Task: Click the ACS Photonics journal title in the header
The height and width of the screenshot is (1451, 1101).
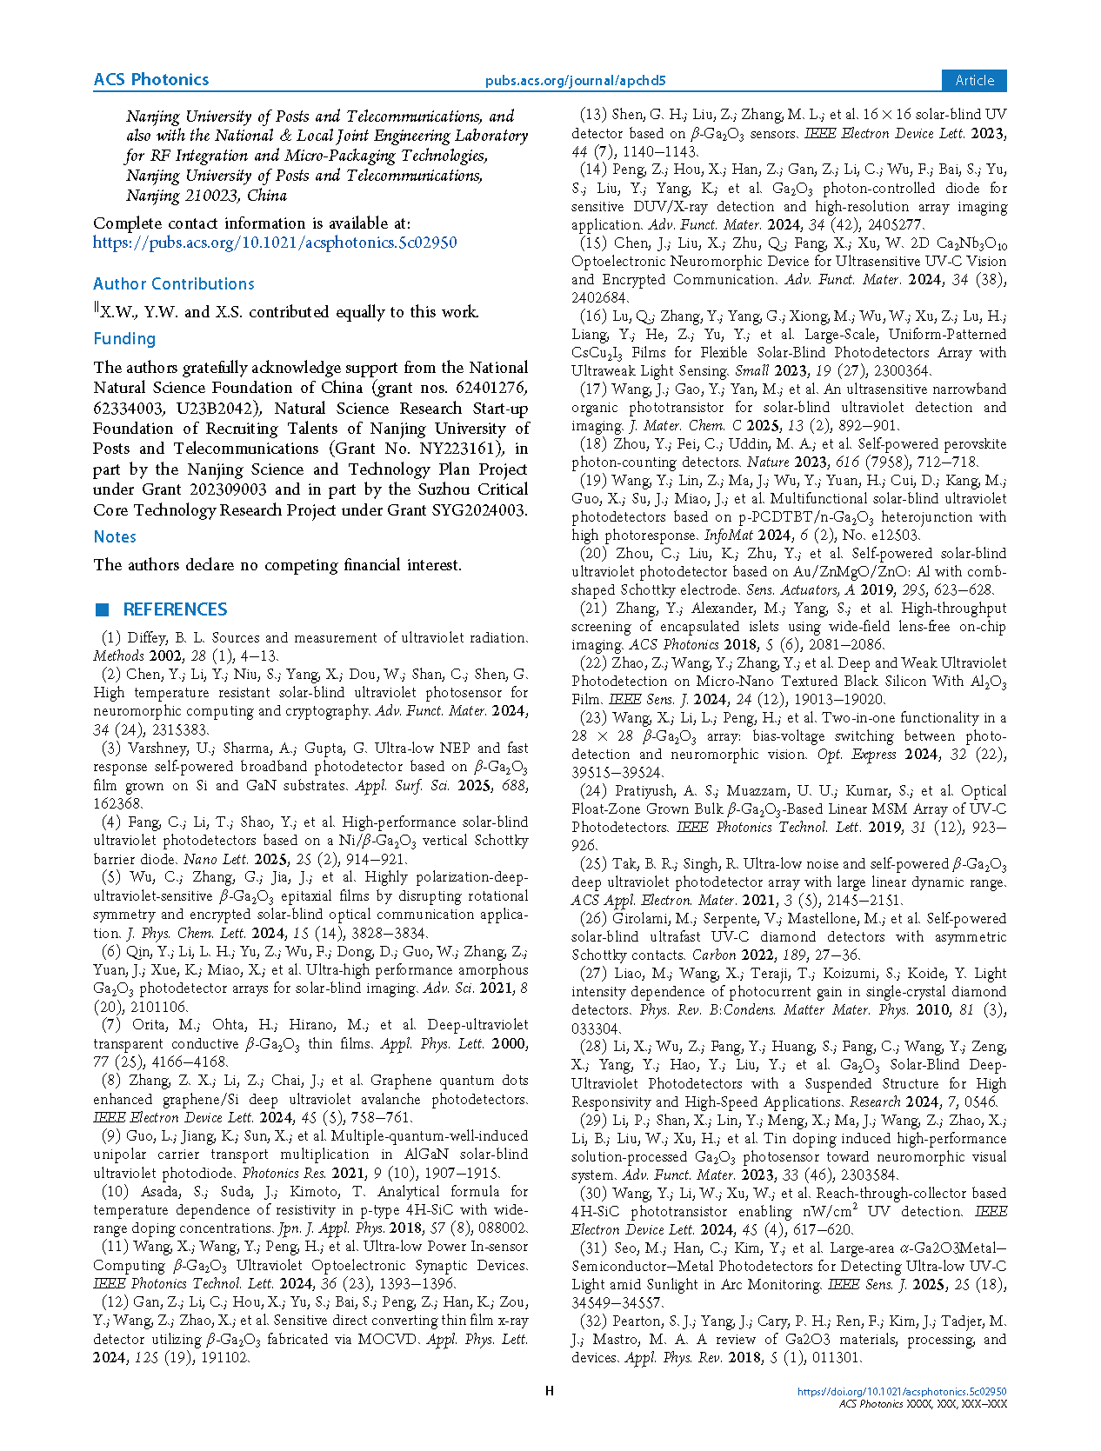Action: click(x=151, y=80)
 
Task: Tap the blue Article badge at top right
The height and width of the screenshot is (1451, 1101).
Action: click(x=974, y=80)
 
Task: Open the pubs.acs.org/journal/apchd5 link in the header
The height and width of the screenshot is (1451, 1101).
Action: click(x=575, y=81)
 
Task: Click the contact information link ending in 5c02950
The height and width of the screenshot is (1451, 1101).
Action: click(x=275, y=243)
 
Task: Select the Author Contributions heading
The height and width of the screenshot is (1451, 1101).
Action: click(x=174, y=284)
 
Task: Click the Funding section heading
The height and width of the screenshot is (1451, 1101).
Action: click(x=124, y=339)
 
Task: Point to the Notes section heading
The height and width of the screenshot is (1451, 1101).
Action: click(x=115, y=537)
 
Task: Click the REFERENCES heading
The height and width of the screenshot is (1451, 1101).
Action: click(x=175, y=609)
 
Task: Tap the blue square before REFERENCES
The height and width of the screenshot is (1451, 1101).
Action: click(x=103, y=609)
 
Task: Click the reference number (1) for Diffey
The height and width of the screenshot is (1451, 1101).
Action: click(x=110, y=638)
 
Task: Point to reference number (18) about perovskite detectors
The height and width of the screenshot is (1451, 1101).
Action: click(x=593, y=444)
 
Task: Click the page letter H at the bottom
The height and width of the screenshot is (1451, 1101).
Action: click(x=550, y=1391)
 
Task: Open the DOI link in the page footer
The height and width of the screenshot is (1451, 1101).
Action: click(x=902, y=1392)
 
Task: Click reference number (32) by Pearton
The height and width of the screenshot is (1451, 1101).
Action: click(x=593, y=1321)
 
